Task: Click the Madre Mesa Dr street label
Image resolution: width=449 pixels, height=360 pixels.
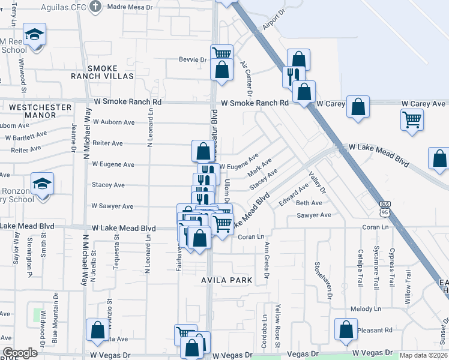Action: click(x=130, y=7)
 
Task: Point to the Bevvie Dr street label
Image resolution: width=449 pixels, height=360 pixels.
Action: click(x=192, y=59)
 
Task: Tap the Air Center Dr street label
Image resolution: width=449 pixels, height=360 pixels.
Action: click(x=246, y=76)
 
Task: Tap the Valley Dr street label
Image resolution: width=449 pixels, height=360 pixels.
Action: click(x=317, y=182)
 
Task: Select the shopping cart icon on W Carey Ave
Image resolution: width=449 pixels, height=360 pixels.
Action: click(x=412, y=119)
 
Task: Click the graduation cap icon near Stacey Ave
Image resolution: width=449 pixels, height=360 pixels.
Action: click(x=43, y=183)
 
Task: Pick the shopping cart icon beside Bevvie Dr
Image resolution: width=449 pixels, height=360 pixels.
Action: click(x=222, y=54)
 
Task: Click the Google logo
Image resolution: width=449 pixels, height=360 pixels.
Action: click(x=20, y=353)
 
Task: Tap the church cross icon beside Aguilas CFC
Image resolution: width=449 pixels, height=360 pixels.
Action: click(x=95, y=7)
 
